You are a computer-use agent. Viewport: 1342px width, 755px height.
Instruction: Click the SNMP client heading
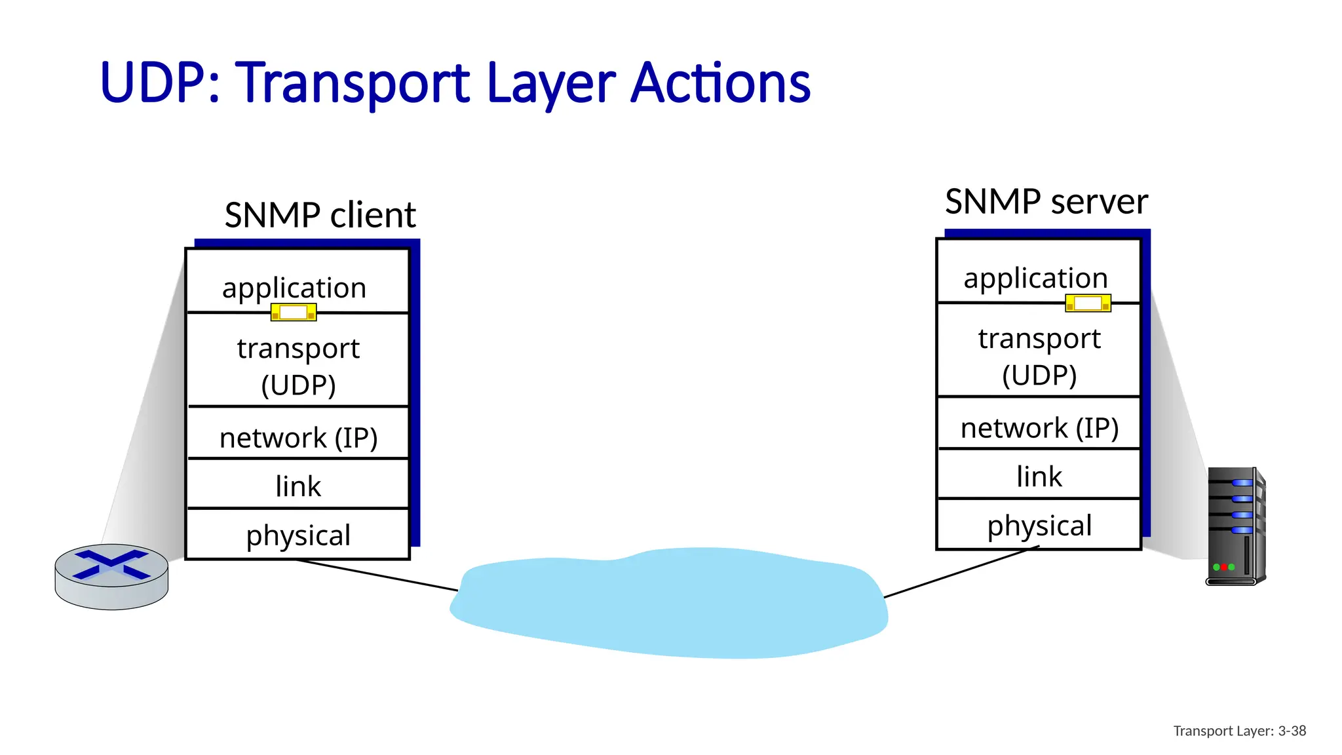[x=320, y=215]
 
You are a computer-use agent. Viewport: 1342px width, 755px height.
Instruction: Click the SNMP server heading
[x=1046, y=201]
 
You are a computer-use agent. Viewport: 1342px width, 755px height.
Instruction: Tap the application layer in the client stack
[x=294, y=287]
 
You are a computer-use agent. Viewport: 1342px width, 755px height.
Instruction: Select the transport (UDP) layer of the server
[x=1039, y=357]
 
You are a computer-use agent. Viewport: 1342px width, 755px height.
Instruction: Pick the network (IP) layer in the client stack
[x=298, y=437]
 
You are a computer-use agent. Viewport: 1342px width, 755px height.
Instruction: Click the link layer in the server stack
[x=1039, y=476]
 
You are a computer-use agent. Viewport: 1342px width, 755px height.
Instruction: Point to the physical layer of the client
[x=298, y=535]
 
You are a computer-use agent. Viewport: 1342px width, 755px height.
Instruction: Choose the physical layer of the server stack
[x=1039, y=525]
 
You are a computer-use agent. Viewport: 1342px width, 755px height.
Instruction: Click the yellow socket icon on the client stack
[x=294, y=313]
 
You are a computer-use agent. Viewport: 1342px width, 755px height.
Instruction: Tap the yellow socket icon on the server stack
[x=1088, y=303]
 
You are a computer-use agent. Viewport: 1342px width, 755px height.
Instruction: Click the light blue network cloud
[x=668, y=603]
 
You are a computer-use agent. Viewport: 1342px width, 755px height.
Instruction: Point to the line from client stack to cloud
[x=377, y=575]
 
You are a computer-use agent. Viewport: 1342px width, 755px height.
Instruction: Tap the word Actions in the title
[x=720, y=83]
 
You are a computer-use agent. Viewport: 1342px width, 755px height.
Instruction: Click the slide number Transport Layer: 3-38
[x=1239, y=731]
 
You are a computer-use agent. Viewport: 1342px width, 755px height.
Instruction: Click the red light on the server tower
[x=1224, y=567]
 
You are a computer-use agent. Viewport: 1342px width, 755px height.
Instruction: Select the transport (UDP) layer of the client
[x=298, y=366]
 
